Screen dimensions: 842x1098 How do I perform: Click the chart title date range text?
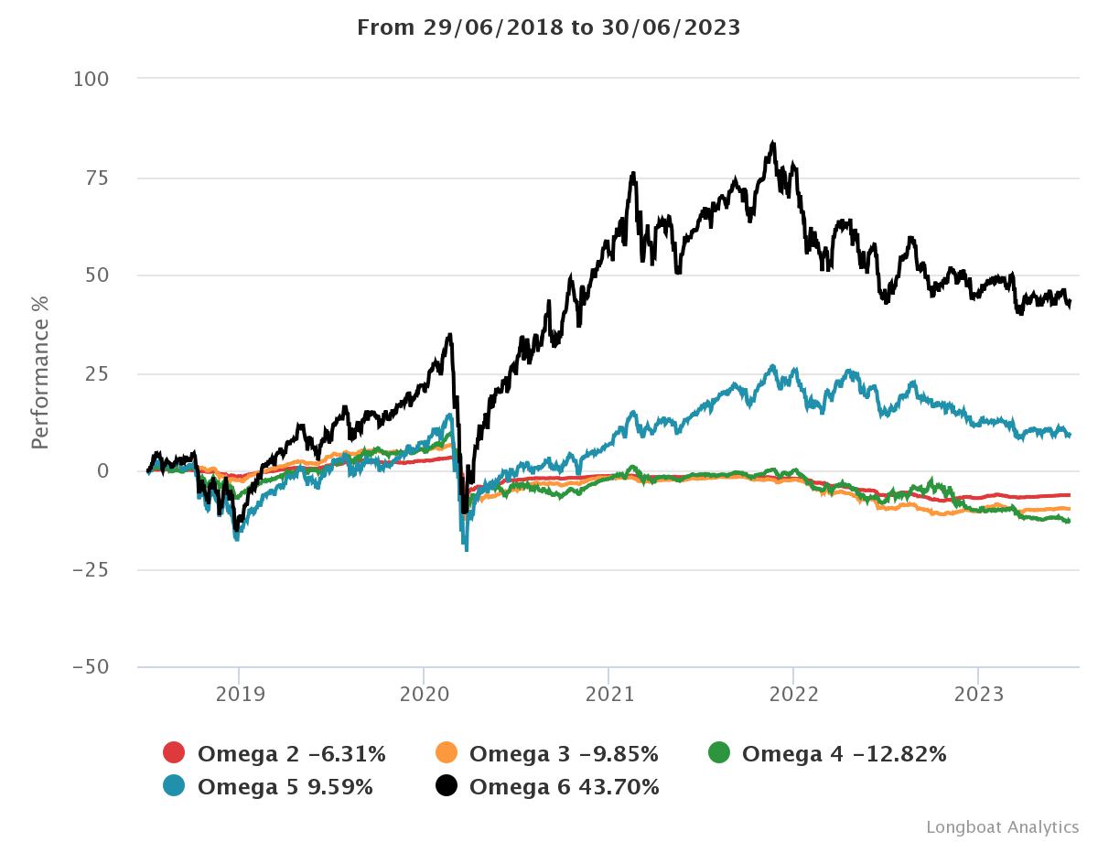point(548,27)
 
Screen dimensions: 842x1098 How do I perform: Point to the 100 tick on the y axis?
point(91,80)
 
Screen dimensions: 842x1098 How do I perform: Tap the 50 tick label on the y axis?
point(96,275)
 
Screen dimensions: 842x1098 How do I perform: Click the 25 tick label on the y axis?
point(96,373)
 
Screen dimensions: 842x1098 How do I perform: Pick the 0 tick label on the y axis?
point(102,471)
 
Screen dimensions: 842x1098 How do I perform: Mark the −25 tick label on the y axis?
point(91,569)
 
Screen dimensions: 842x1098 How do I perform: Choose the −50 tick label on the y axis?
point(91,667)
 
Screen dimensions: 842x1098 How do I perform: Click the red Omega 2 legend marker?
point(174,753)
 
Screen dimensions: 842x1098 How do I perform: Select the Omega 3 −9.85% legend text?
point(564,754)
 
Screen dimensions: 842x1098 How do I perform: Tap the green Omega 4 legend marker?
point(719,753)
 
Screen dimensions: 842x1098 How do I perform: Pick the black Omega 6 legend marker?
point(447,785)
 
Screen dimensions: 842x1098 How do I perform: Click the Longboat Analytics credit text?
point(1002,826)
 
